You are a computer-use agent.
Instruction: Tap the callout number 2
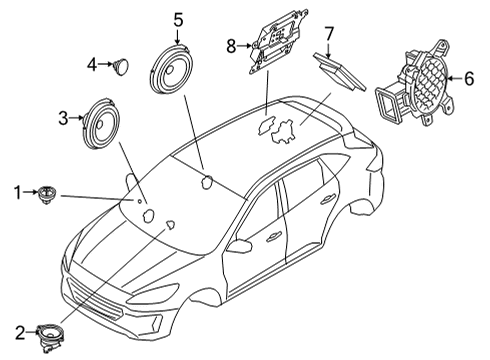coord(18,331)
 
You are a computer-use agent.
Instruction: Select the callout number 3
coord(63,118)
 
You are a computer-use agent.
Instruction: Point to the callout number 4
coord(91,65)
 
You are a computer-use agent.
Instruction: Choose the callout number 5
coord(178,18)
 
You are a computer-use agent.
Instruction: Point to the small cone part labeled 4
coord(120,66)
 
